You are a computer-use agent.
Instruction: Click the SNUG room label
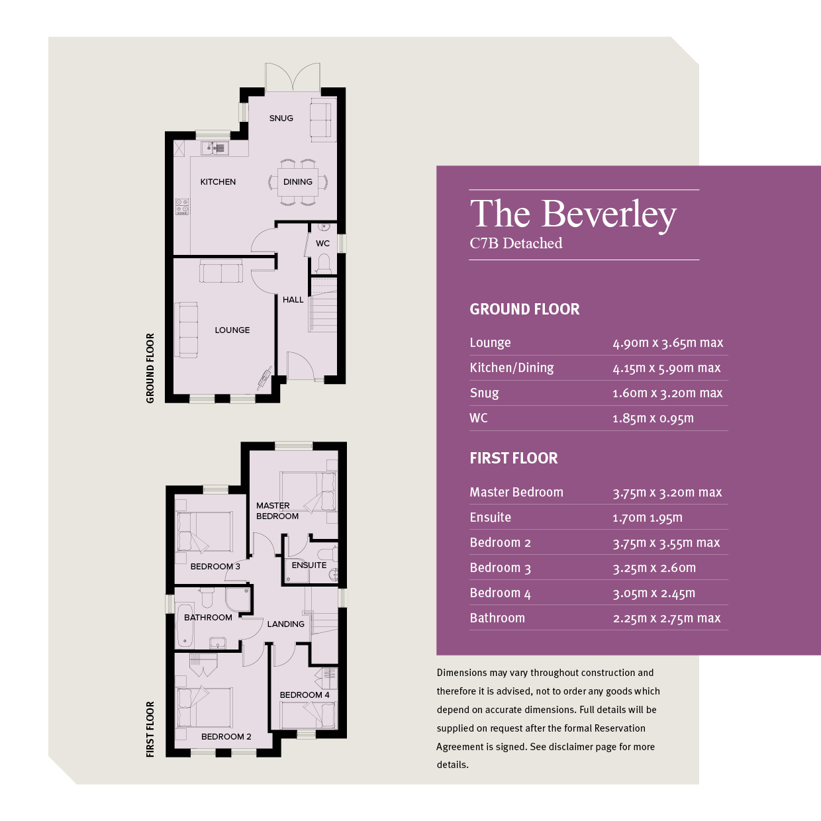pyautogui.click(x=281, y=119)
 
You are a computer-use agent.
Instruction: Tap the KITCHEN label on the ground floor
pyautogui.click(x=218, y=182)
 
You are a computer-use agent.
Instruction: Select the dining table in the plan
pyautogui.click(x=298, y=182)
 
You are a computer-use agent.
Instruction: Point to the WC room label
pyautogui.click(x=322, y=243)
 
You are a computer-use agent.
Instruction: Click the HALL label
pyautogui.click(x=293, y=300)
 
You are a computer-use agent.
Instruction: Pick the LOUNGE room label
pyautogui.click(x=232, y=330)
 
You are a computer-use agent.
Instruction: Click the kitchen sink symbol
pyautogui.click(x=215, y=148)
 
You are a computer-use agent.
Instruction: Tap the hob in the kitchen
pyautogui.click(x=182, y=206)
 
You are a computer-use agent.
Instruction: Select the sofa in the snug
pyautogui.click(x=322, y=120)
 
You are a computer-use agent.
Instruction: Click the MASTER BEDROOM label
pyautogui.click(x=277, y=511)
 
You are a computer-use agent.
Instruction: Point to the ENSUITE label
pyautogui.click(x=309, y=565)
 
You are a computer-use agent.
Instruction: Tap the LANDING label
pyautogui.click(x=286, y=624)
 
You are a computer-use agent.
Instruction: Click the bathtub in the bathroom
pyautogui.click(x=185, y=625)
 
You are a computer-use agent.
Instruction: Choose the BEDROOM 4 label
pyautogui.click(x=305, y=695)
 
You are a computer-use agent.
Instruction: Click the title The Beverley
pyautogui.click(x=573, y=215)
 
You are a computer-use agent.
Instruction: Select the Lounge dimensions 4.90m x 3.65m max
pyautogui.click(x=667, y=342)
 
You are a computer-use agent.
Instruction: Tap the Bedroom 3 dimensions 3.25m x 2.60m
pyautogui.click(x=654, y=568)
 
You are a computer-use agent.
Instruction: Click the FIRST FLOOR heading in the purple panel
pyautogui.click(x=513, y=458)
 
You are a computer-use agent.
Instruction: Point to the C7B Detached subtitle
pyautogui.click(x=516, y=243)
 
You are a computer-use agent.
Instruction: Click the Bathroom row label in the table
pyautogui.click(x=497, y=618)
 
